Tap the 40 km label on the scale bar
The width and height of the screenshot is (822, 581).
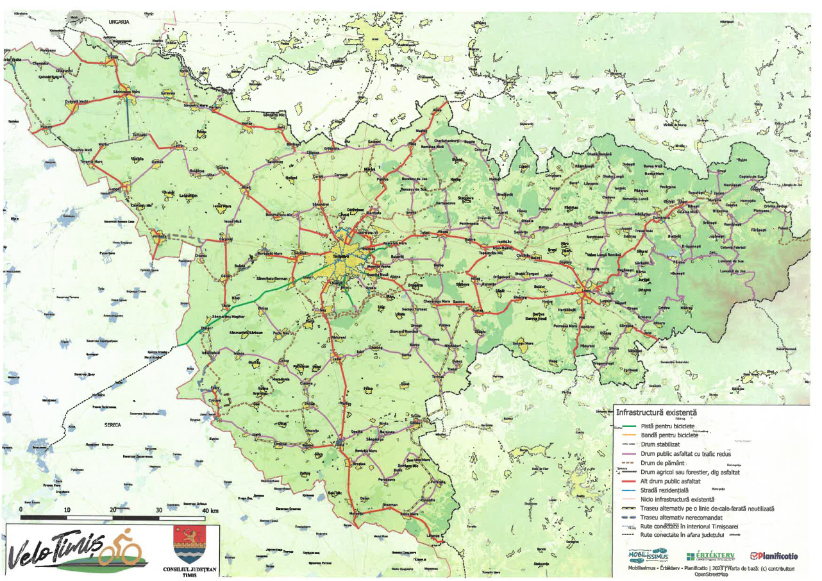pyautogui.click(x=210, y=510)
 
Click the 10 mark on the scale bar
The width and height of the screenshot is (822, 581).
pyautogui.click(x=67, y=510)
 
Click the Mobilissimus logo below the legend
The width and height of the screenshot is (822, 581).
pyautogui.click(x=648, y=555)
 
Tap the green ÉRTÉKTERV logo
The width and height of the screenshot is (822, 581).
pyautogui.click(x=710, y=555)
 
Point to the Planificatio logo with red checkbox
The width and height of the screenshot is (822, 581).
pyautogui.click(x=774, y=555)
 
